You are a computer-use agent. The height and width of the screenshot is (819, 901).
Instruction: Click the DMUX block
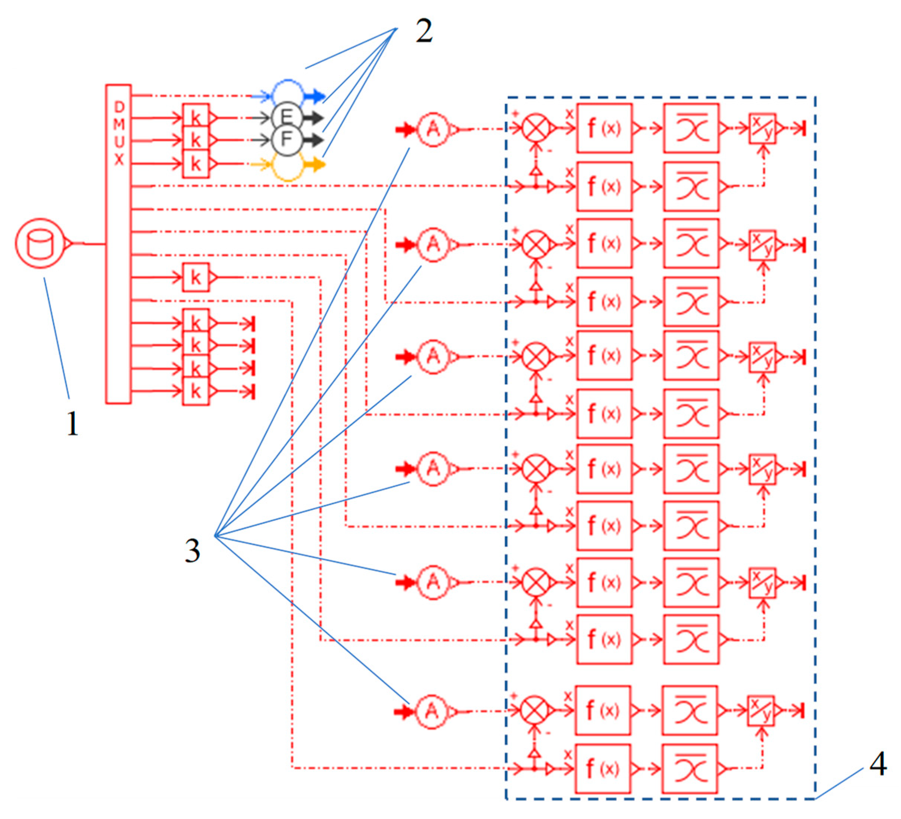tap(118, 244)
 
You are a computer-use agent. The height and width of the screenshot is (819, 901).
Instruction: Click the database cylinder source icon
tap(40, 244)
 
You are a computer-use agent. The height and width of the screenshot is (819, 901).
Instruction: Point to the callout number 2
tap(424, 32)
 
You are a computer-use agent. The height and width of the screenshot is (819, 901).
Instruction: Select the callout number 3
tap(193, 550)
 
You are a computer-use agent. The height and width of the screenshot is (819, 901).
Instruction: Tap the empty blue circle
tap(288, 92)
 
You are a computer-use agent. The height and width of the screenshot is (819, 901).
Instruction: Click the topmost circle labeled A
tap(433, 129)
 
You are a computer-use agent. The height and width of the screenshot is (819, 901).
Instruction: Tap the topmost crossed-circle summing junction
tap(536, 129)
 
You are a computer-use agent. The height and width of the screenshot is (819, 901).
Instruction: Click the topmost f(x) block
tap(604, 129)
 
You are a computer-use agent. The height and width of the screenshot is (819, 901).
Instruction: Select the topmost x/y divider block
tap(763, 129)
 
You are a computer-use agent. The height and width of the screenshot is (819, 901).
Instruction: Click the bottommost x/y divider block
tap(761, 711)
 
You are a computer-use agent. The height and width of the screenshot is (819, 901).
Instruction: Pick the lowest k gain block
tap(196, 391)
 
